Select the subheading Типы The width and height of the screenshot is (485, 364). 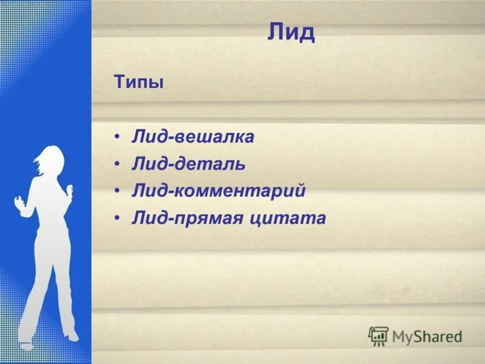click(x=139, y=82)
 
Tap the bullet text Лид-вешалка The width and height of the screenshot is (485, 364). click(x=193, y=137)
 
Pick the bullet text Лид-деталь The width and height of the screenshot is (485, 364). click(x=189, y=164)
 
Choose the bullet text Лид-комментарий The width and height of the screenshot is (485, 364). click(x=219, y=191)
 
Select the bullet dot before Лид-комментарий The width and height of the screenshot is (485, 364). click(x=118, y=192)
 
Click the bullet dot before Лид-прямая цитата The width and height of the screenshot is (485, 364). click(x=118, y=219)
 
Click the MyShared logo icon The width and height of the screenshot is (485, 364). click(x=378, y=336)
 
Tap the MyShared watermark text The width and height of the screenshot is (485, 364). click(x=427, y=337)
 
